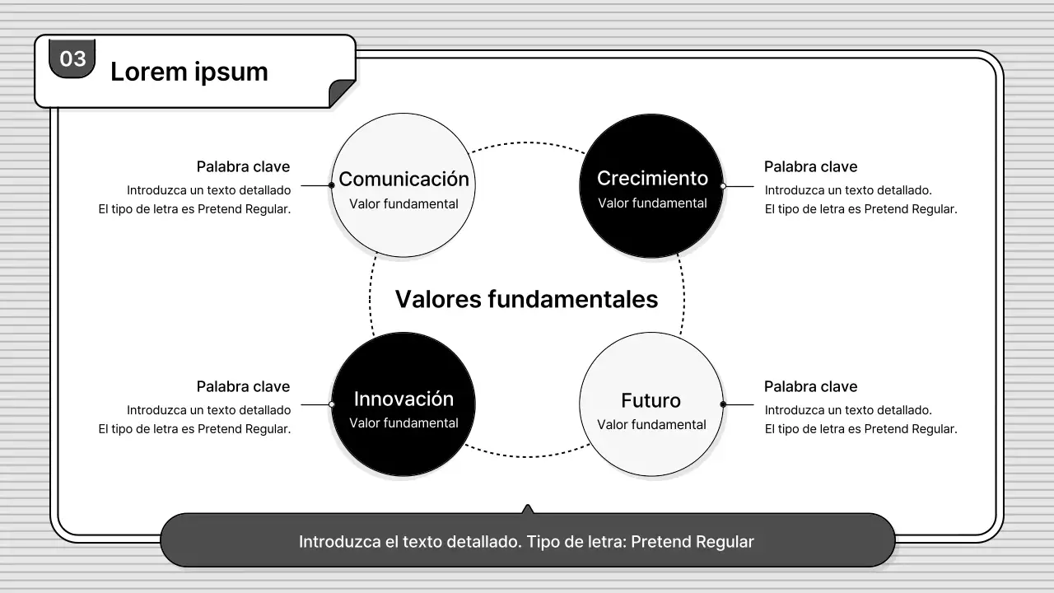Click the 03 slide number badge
(x=72, y=58)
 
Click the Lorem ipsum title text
(x=189, y=72)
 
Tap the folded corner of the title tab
(x=343, y=94)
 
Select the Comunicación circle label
(x=403, y=179)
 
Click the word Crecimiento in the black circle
(x=652, y=178)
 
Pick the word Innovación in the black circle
(x=403, y=399)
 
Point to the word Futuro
(x=651, y=400)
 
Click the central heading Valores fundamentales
(x=526, y=298)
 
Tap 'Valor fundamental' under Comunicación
(x=403, y=203)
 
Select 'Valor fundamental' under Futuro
(x=651, y=424)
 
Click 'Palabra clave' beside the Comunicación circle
(x=243, y=166)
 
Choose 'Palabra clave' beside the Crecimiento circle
(x=810, y=166)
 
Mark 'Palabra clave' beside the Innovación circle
(x=243, y=386)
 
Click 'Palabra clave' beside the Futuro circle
(x=810, y=386)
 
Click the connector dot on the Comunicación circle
(x=331, y=185)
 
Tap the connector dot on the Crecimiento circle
(x=723, y=186)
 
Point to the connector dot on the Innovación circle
(x=331, y=404)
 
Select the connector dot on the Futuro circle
(x=723, y=404)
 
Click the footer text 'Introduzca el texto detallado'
(x=526, y=542)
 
